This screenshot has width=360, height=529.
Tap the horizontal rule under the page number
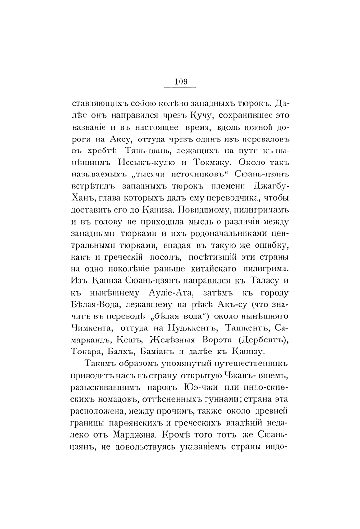180,88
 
